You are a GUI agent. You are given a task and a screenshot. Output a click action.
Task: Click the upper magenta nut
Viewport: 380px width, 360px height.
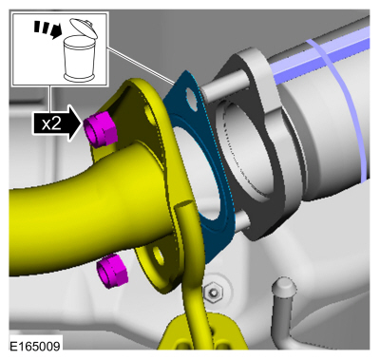[101, 130]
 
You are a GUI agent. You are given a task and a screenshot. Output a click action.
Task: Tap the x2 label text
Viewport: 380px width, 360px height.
[51, 123]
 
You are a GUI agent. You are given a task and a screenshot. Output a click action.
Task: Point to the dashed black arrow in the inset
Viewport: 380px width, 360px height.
[47, 28]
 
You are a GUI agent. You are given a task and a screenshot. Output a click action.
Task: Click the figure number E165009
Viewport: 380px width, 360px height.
[35, 346]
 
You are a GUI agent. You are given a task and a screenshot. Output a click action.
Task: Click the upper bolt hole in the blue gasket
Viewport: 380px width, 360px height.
[191, 96]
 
